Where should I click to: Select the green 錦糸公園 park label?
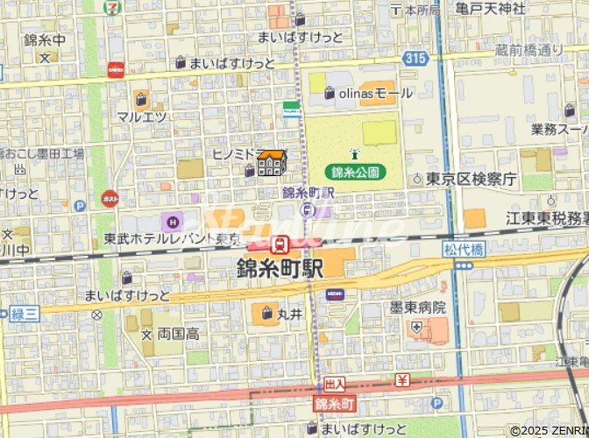[x=356, y=172]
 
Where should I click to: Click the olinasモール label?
[x=374, y=93]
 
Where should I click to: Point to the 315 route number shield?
[x=416, y=57]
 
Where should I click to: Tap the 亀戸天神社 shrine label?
[x=490, y=9]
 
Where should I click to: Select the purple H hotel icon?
[x=168, y=219]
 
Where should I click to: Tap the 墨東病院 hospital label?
[x=418, y=307]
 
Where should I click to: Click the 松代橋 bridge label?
[x=463, y=249]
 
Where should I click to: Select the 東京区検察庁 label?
[x=471, y=179]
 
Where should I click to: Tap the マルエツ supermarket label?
[x=142, y=117]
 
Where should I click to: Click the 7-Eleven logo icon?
[x=111, y=7]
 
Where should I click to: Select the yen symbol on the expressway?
[x=401, y=381]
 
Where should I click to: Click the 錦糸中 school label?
[x=44, y=40]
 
